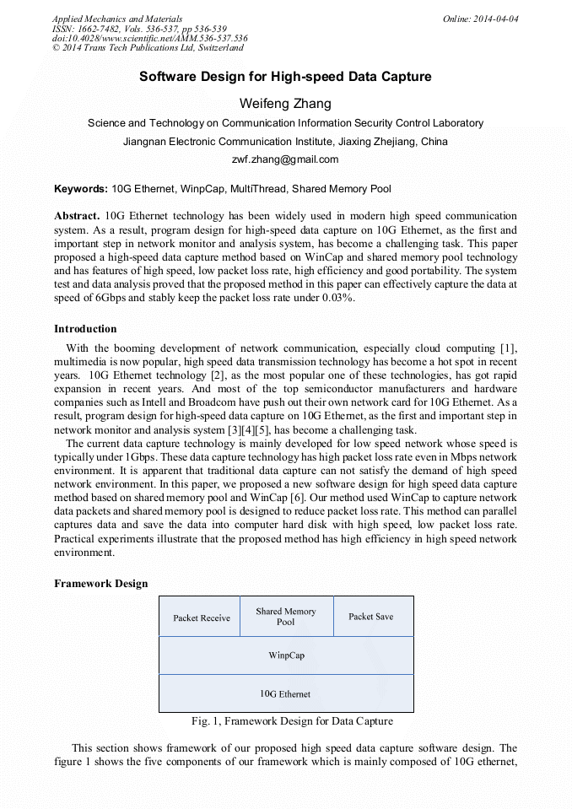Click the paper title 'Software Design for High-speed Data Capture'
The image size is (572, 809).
click(285, 77)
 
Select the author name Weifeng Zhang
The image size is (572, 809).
click(285, 104)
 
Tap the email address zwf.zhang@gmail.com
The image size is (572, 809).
click(285, 159)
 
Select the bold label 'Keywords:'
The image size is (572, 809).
click(81, 189)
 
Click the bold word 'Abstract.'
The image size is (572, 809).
click(78, 216)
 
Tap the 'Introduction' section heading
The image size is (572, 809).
click(85, 329)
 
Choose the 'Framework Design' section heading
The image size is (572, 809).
click(100, 584)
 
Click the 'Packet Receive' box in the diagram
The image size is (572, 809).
click(201, 618)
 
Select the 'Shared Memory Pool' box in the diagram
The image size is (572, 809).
click(286, 617)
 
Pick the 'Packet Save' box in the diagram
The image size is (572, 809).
click(371, 617)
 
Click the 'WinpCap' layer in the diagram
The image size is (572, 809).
click(286, 655)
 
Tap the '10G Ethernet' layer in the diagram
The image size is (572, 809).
click(285, 693)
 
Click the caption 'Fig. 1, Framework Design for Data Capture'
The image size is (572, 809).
click(292, 721)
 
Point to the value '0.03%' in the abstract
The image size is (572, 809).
click(337, 298)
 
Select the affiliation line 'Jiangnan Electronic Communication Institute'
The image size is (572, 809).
click(285, 141)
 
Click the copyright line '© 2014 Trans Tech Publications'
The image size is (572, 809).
click(148, 48)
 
